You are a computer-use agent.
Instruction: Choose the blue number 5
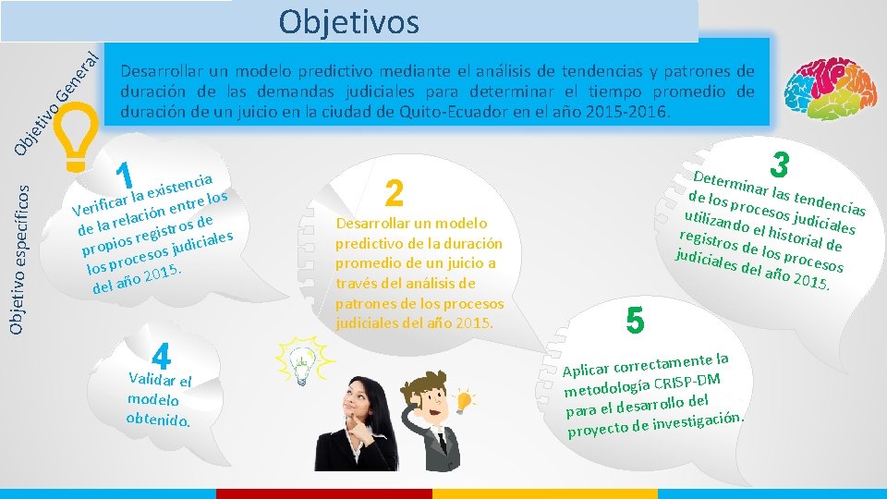(634, 320)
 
